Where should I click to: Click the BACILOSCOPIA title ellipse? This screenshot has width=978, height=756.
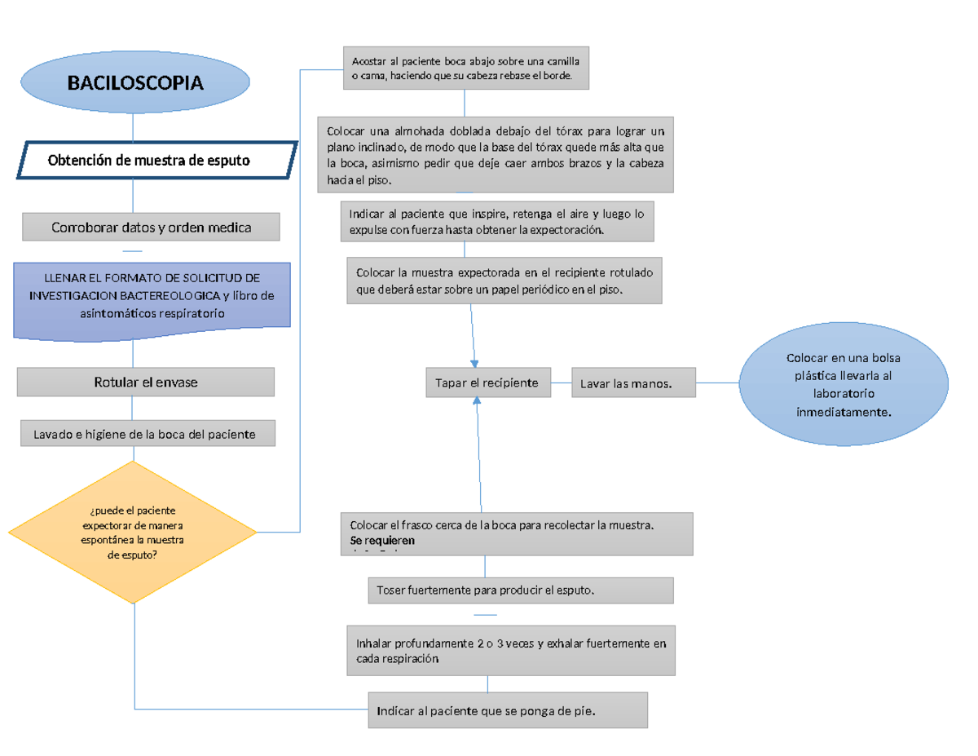(135, 83)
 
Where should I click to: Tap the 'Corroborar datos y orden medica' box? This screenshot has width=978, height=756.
(151, 228)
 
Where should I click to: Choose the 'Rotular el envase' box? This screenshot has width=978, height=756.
(146, 382)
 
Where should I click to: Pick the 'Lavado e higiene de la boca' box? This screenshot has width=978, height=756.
(147, 434)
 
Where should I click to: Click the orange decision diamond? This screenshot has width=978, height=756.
(132, 533)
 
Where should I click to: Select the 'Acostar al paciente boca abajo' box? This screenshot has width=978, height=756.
(465, 69)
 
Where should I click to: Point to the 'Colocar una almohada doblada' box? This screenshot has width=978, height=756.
(495, 154)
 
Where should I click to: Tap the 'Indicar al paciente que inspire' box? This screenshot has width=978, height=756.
(497, 222)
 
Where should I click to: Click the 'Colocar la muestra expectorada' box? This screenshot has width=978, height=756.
(504, 280)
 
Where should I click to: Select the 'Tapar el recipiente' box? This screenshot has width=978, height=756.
(487, 382)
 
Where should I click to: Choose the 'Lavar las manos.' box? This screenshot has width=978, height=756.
(633, 383)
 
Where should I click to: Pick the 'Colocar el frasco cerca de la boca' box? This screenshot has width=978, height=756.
(517, 532)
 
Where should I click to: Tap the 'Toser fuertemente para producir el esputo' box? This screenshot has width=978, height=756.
(522, 590)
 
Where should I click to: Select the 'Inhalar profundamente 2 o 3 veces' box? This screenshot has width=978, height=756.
(511, 651)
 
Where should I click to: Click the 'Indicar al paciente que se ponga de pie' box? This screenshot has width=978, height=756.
(508, 710)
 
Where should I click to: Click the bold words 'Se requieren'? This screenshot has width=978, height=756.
(382, 540)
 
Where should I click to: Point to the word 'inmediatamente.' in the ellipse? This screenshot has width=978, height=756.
(844, 412)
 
